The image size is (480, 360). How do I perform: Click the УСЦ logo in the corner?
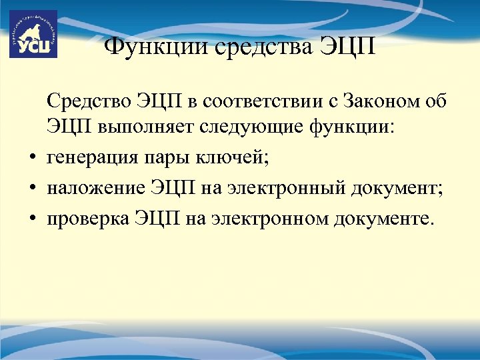pyautogui.click(x=33, y=34)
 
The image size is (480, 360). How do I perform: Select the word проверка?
pyautogui.click(x=85, y=219)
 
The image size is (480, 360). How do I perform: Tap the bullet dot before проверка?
pyautogui.click(x=32, y=220)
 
